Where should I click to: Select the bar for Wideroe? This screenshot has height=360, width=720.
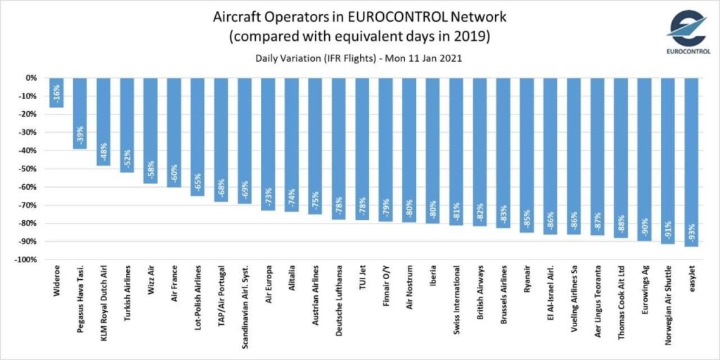(x=57, y=93)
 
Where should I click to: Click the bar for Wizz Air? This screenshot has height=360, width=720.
(x=151, y=130)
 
